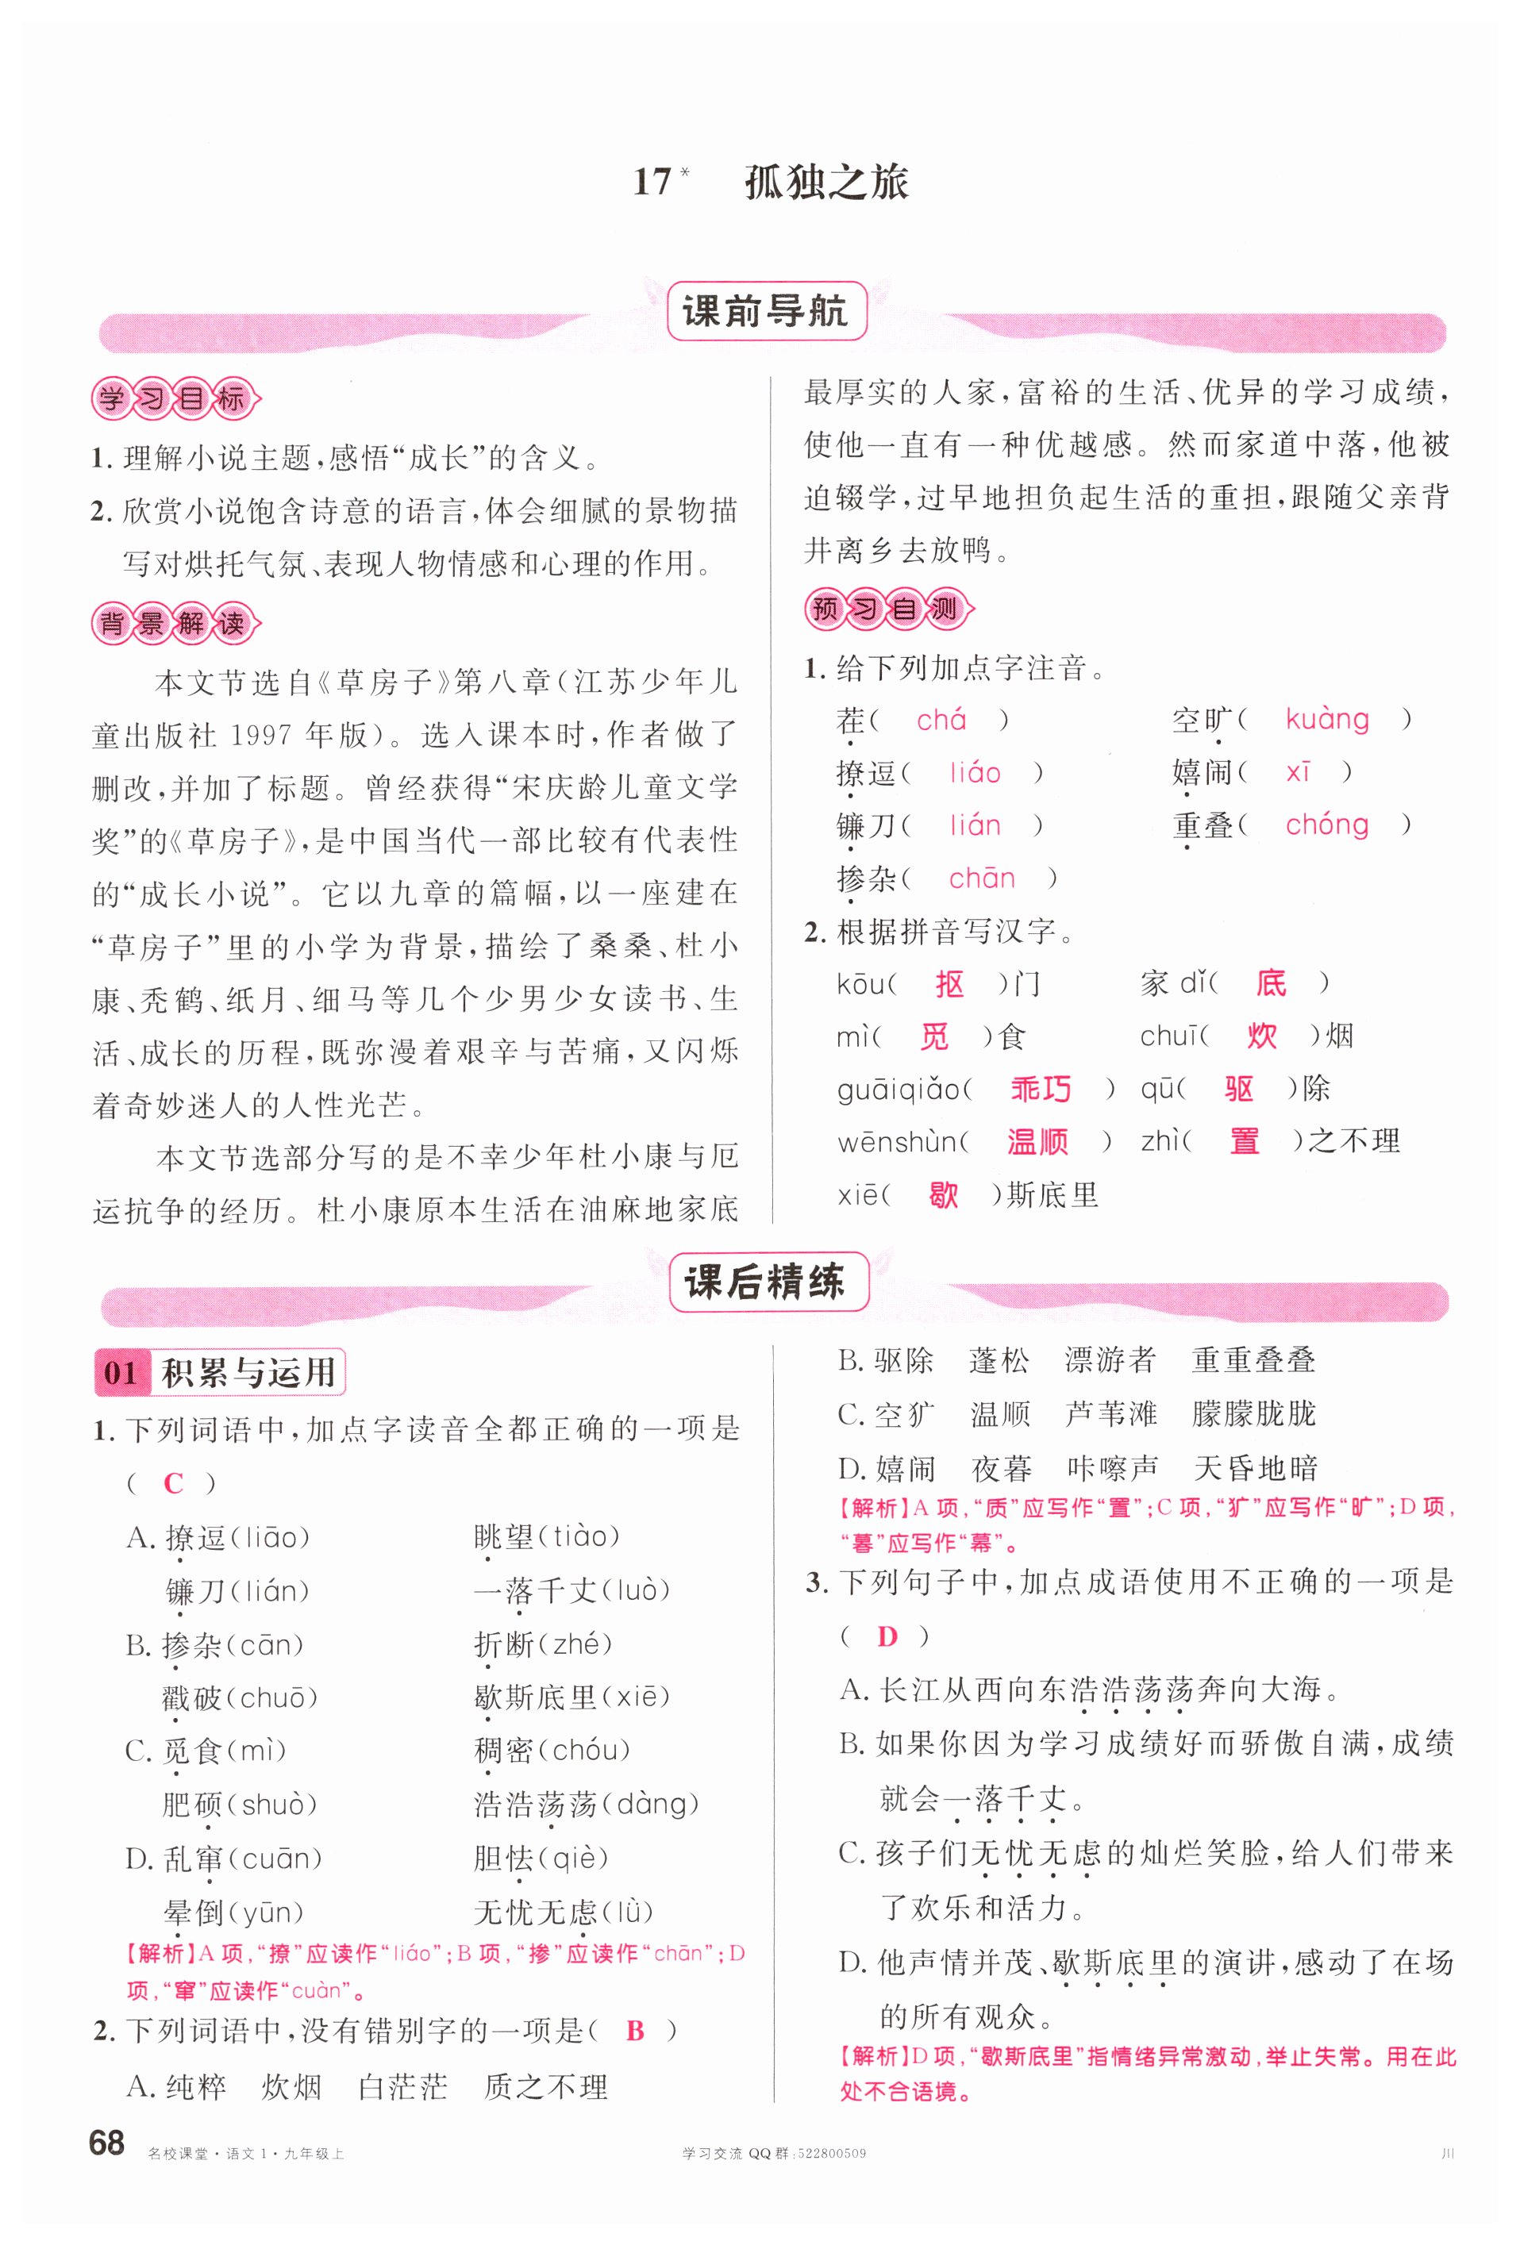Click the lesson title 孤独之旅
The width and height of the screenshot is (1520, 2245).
(x=826, y=183)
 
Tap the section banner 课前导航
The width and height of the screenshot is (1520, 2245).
(x=765, y=311)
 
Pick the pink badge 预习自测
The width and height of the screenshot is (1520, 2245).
(x=887, y=609)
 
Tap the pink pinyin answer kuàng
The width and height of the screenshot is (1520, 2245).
(x=1327, y=720)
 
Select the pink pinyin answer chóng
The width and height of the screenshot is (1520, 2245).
(x=1327, y=825)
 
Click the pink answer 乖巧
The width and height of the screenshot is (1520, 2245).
(x=1041, y=1090)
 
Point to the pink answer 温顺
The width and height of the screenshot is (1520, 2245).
(x=1037, y=1142)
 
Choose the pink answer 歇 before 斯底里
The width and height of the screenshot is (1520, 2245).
(x=943, y=1195)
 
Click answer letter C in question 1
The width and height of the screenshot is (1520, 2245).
(x=174, y=1484)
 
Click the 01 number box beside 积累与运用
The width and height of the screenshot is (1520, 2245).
(x=121, y=1373)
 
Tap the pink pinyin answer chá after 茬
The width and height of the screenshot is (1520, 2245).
(x=941, y=720)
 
